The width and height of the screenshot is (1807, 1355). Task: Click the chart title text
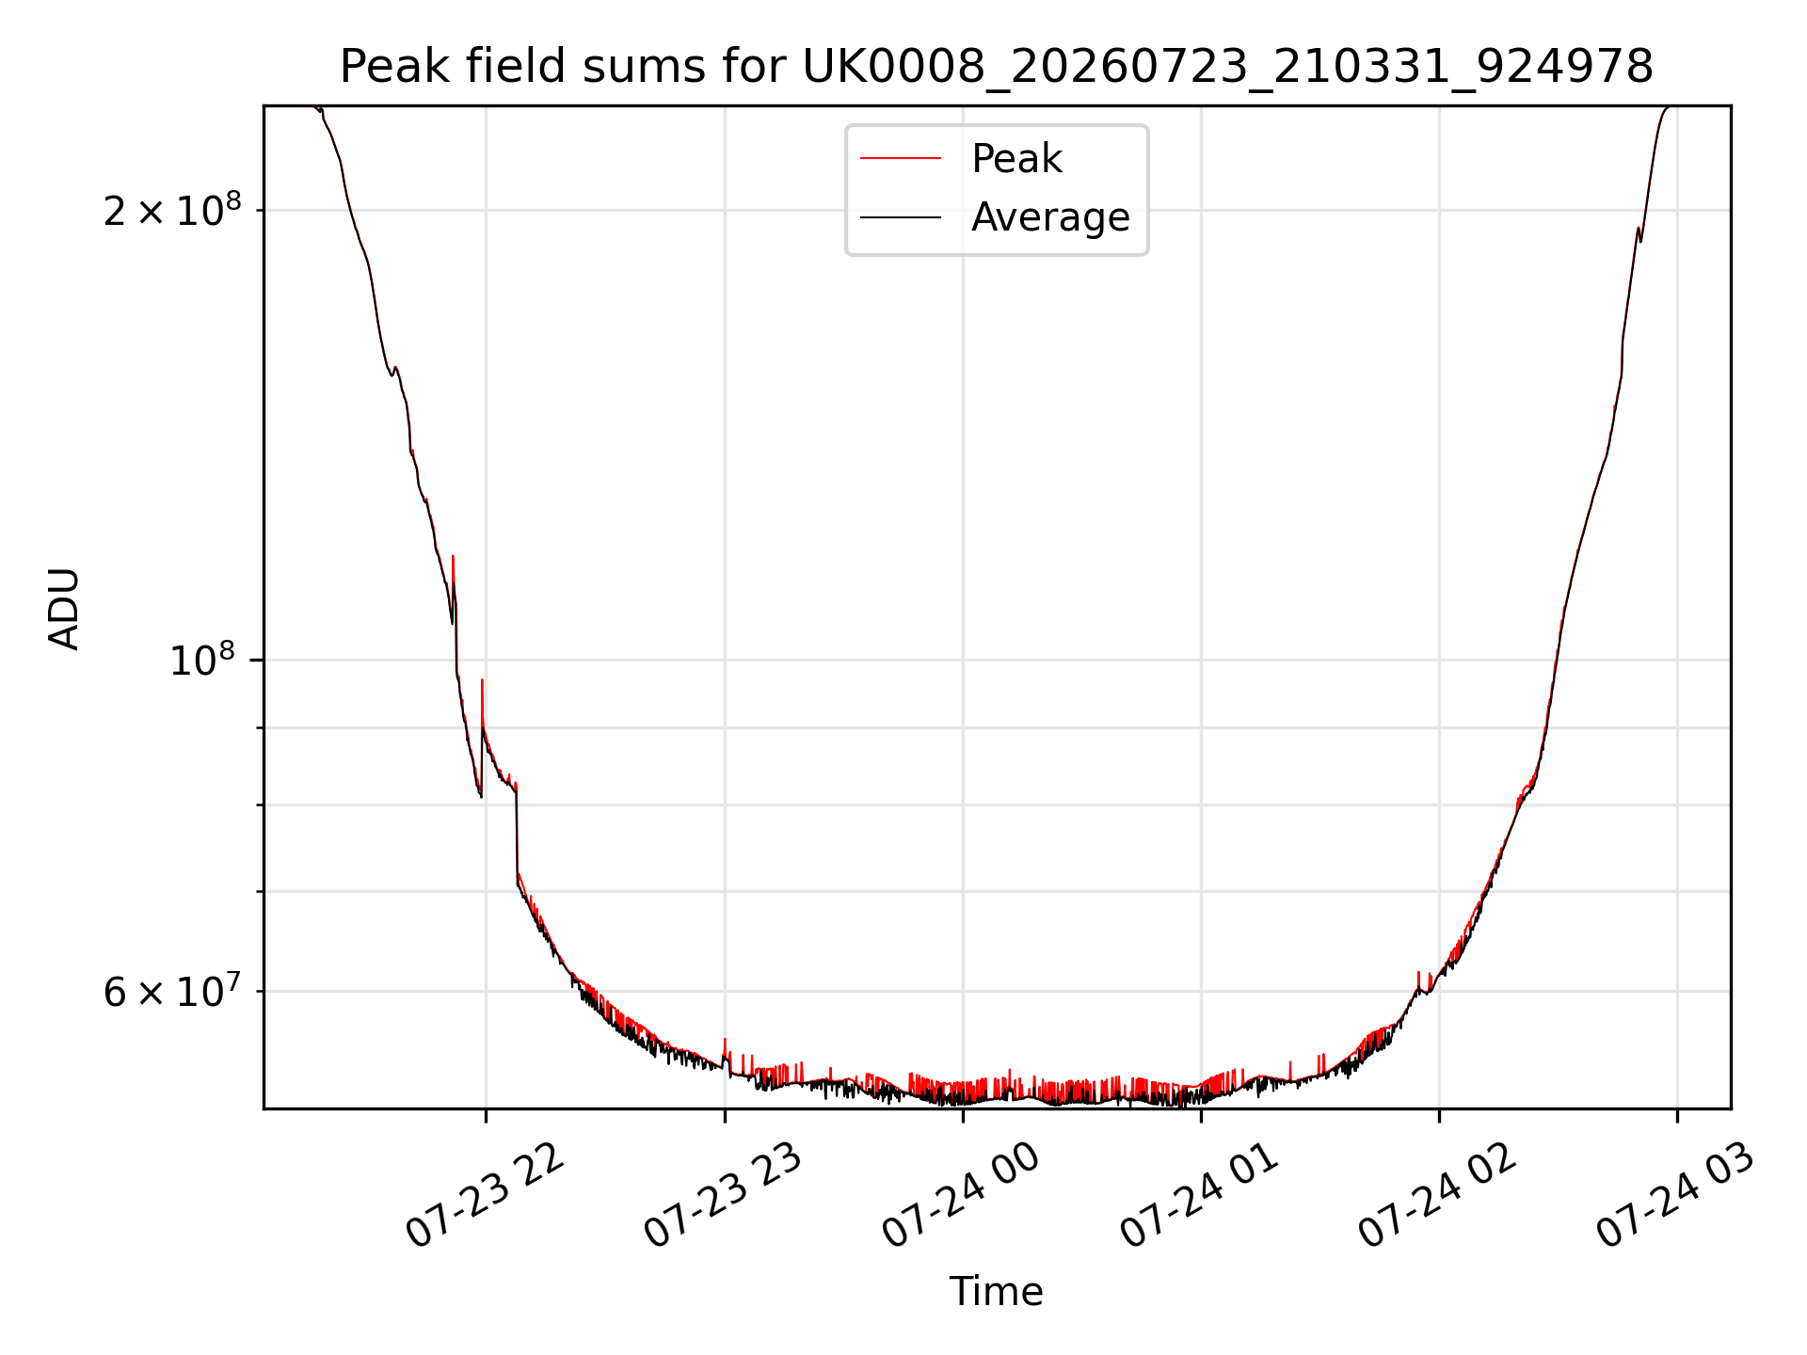[996, 67]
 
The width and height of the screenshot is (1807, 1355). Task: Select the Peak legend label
[1016, 159]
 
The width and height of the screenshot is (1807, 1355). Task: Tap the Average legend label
[1050, 217]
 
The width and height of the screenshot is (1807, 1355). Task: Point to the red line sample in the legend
[901, 159]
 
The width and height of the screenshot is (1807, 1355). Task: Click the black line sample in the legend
[901, 217]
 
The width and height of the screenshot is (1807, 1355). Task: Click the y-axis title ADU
[64, 609]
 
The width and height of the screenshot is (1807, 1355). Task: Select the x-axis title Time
[996, 1292]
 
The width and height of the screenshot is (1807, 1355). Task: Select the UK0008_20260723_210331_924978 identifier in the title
[1227, 68]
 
